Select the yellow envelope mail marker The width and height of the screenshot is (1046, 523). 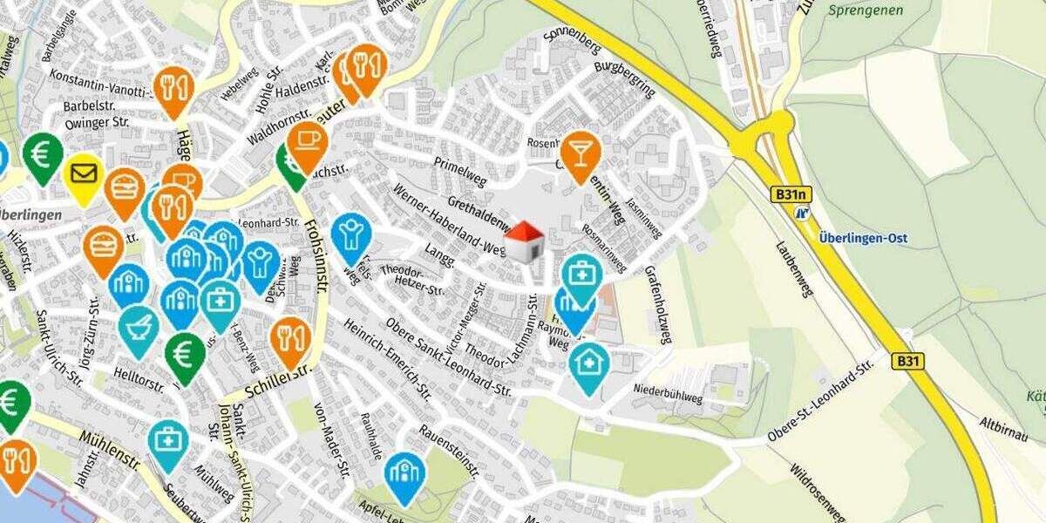click(x=85, y=176)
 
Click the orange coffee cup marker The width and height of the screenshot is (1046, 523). click(x=307, y=142)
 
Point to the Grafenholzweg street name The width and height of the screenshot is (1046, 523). click(x=657, y=304)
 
